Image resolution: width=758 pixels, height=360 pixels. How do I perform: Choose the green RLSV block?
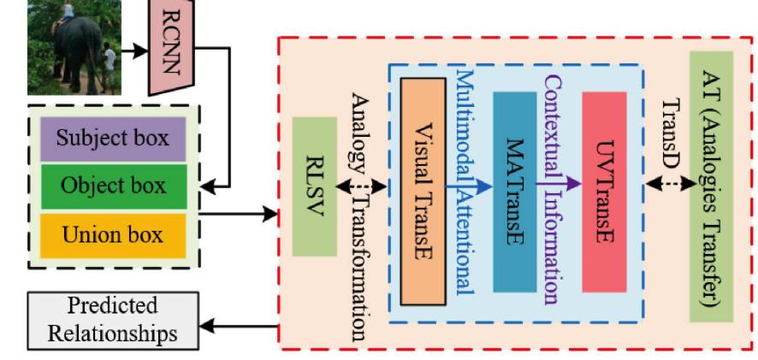[x=314, y=186]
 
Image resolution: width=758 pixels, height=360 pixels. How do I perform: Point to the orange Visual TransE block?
[x=422, y=190]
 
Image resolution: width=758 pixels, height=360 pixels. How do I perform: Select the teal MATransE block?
[x=514, y=192]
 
